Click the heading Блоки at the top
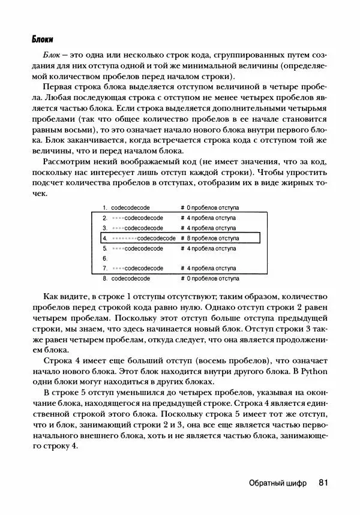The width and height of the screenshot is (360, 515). point(43,40)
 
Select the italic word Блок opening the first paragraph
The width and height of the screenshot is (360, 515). point(52,55)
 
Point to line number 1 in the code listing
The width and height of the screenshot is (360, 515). point(105,207)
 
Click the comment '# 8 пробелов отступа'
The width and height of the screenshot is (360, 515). point(210,238)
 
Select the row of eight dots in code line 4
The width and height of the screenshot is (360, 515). point(125,238)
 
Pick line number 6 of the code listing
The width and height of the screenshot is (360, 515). point(105,258)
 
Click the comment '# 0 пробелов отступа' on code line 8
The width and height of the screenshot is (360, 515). point(210,279)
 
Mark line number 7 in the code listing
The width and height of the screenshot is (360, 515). point(105,269)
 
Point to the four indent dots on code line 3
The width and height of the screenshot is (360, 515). point(118,228)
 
